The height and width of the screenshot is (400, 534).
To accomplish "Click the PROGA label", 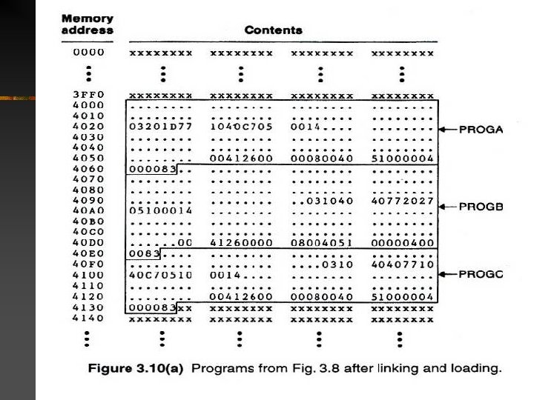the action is (x=481, y=130).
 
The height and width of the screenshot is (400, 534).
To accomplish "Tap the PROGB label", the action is (x=481, y=207).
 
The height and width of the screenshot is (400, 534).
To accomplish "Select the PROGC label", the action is (x=481, y=274).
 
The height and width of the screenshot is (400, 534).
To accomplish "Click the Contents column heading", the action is (x=274, y=30).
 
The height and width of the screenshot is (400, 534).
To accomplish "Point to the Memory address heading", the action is (x=88, y=24).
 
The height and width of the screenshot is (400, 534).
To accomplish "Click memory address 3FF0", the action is (x=88, y=96).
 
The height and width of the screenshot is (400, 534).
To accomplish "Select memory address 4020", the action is (x=88, y=126).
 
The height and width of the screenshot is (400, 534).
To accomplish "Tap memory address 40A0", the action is (x=88, y=210).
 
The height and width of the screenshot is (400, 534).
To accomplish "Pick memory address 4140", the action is (x=88, y=319).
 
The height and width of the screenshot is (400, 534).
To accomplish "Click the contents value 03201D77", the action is (x=160, y=127).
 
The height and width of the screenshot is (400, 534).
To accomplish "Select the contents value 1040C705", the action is (x=242, y=127).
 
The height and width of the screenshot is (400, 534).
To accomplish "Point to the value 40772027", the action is (x=402, y=201).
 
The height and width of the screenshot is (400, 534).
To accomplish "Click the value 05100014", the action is (x=160, y=211).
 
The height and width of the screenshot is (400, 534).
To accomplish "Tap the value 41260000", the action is (x=242, y=243).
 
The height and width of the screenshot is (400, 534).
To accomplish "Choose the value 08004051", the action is (x=322, y=243).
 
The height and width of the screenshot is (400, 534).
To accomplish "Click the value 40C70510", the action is (x=160, y=275).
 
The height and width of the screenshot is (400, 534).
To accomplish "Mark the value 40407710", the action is (x=402, y=264).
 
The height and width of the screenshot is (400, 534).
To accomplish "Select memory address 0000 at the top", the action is (x=88, y=53).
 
